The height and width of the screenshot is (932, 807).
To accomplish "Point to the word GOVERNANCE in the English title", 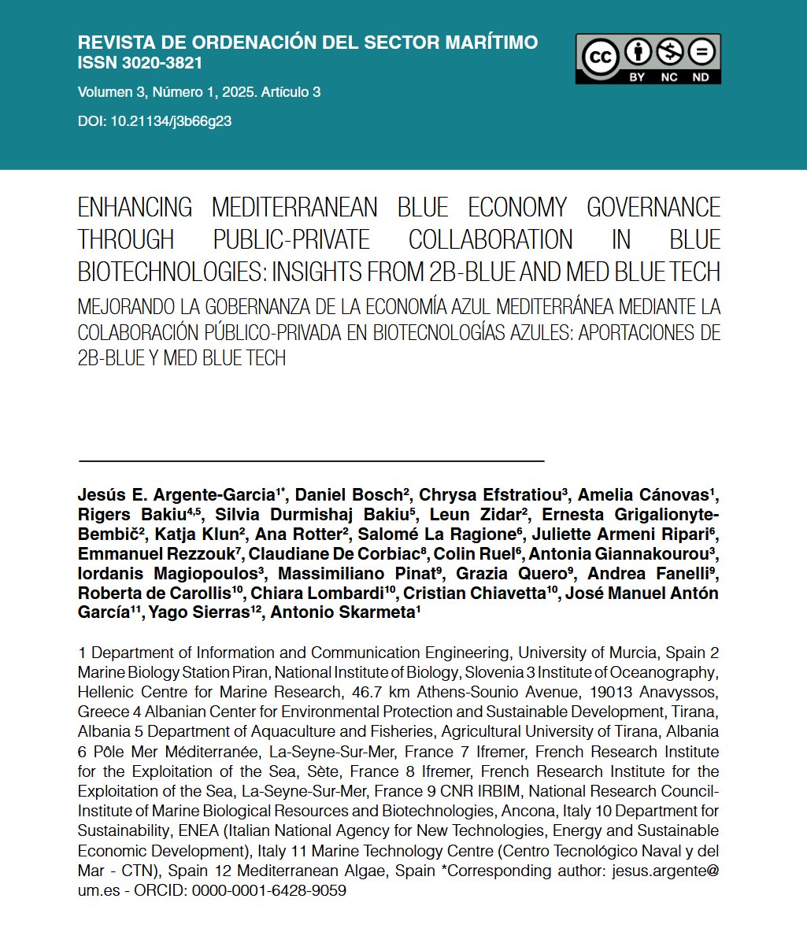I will click(653, 208).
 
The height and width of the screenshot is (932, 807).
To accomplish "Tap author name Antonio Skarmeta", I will click(342, 612).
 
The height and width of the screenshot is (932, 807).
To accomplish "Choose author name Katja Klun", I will click(190, 534).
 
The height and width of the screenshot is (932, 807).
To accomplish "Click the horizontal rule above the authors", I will click(311, 460).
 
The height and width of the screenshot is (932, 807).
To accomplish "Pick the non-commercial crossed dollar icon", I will click(668, 54).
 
